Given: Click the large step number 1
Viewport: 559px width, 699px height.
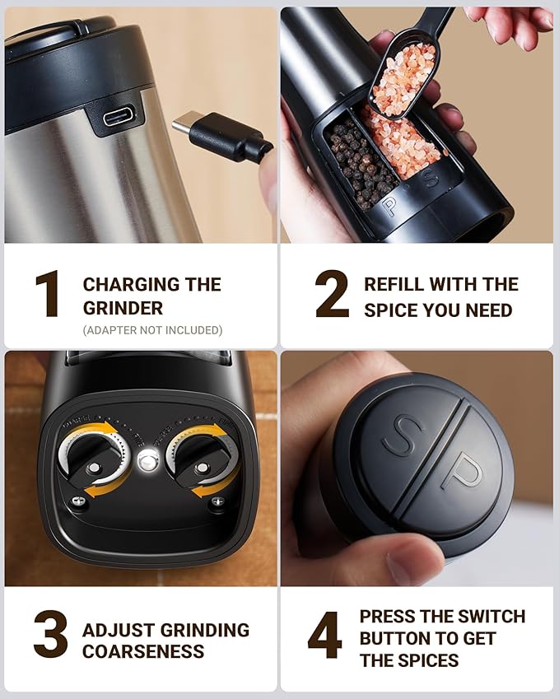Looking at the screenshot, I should [46, 295].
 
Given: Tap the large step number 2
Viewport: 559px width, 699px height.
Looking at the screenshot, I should [332, 295].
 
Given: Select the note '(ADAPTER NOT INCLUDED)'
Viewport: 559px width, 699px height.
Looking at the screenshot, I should [152, 330].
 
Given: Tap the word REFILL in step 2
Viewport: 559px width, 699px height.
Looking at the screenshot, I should [394, 285].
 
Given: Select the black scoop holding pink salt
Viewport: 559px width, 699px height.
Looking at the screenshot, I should [403, 74].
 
